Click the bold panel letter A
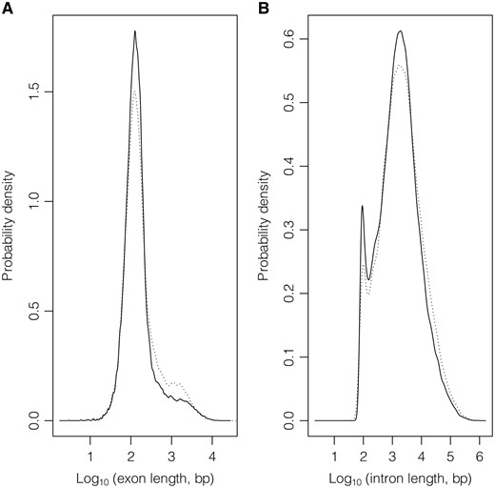point(7,7)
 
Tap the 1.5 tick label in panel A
point(37,91)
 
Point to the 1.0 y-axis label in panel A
point(37,200)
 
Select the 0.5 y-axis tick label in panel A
point(37,310)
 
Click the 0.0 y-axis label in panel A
point(37,419)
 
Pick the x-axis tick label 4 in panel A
point(212,443)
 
